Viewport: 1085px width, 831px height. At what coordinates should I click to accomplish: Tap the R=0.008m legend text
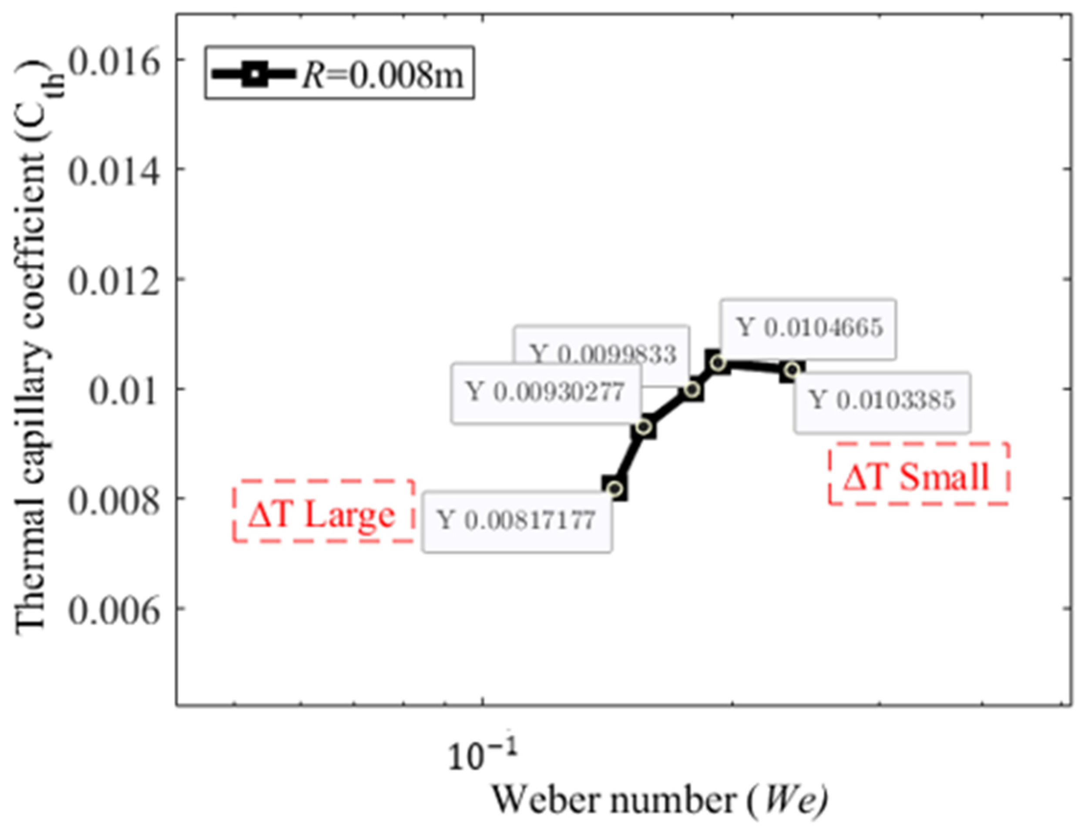click(x=383, y=74)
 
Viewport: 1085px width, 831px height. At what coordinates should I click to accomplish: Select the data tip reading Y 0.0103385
click(x=881, y=401)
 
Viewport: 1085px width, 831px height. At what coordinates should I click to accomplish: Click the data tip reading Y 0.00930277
click(x=545, y=393)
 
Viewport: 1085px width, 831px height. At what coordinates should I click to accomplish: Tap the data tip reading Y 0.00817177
click(x=517, y=521)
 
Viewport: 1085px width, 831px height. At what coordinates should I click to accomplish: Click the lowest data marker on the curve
click(x=615, y=489)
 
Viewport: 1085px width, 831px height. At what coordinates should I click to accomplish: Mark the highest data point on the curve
click(x=718, y=363)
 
